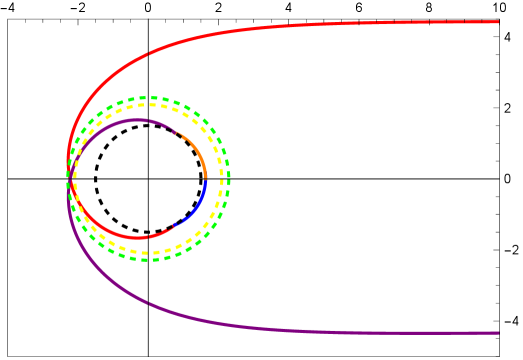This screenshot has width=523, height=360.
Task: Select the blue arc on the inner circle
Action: (196, 205)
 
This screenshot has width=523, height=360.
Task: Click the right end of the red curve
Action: (498, 21)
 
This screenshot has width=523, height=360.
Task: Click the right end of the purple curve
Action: (498, 333)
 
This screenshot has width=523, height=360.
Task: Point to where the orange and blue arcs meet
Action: (206, 179)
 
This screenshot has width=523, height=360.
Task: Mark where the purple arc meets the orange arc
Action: (176, 131)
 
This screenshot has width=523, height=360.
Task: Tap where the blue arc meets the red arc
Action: (174, 226)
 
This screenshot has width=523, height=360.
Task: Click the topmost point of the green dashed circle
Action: (148, 97)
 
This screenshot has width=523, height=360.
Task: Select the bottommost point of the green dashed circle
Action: (148, 260)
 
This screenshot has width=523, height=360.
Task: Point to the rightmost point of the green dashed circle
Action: (230, 179)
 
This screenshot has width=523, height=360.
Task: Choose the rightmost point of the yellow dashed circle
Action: (222, 179)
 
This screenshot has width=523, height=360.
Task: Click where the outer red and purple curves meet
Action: (67, 177)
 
